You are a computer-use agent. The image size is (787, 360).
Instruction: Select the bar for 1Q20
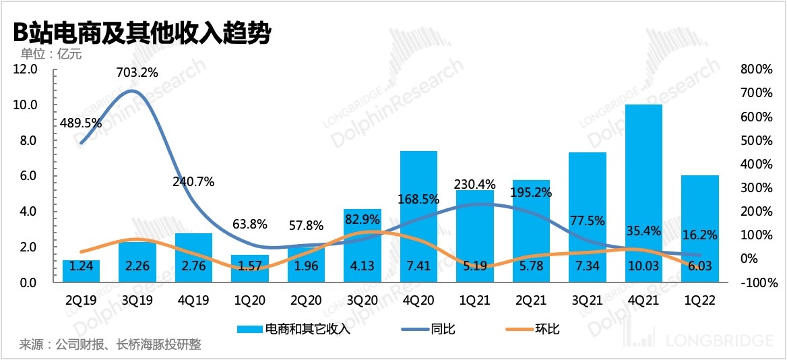click(x=250, y=268)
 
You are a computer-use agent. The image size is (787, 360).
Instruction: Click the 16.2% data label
click(x=700, y=235)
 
